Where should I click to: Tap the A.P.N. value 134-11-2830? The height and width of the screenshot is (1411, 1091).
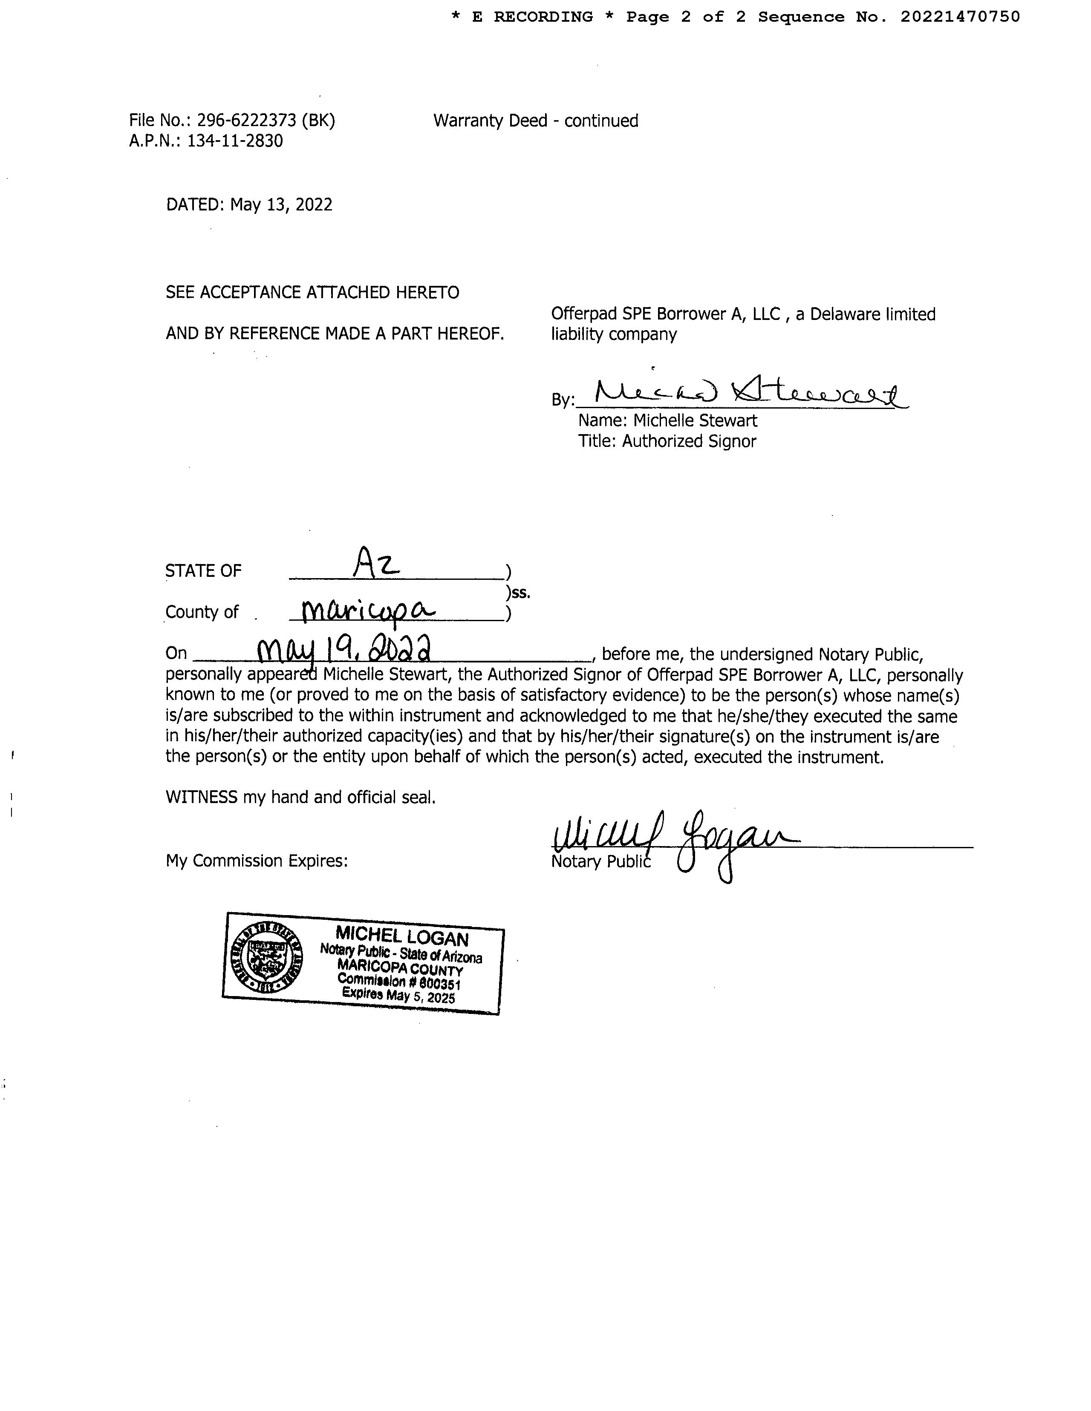coord(235,141)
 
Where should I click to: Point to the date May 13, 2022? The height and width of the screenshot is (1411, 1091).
coord(281,205)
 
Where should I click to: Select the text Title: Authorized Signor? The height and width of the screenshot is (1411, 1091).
coord(667,441)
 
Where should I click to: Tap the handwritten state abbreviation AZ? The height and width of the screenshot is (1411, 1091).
coord(376,564)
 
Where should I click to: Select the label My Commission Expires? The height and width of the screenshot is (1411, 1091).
coord(257,861)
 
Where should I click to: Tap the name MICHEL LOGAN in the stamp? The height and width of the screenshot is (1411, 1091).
coord(401,936)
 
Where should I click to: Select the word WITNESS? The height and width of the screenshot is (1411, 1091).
coord(201,797)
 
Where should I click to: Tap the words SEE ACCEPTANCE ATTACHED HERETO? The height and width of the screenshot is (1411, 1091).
coord(312,293)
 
